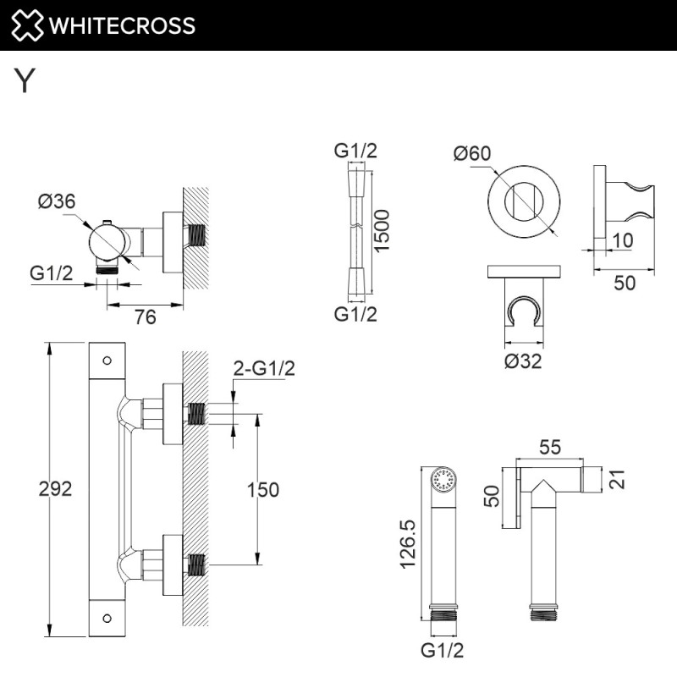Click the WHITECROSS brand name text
(x=122, y=25)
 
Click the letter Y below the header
(x=25, y=81)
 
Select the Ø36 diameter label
(x=58, y=201)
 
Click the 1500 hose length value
(x=382, y=230)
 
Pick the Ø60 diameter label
(x=471, y=153)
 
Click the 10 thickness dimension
(x=622, y=239)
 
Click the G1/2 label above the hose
(x=355, y=151)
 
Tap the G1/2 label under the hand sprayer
(x=443, y=651)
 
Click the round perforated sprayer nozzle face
(x=443, y=481)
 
